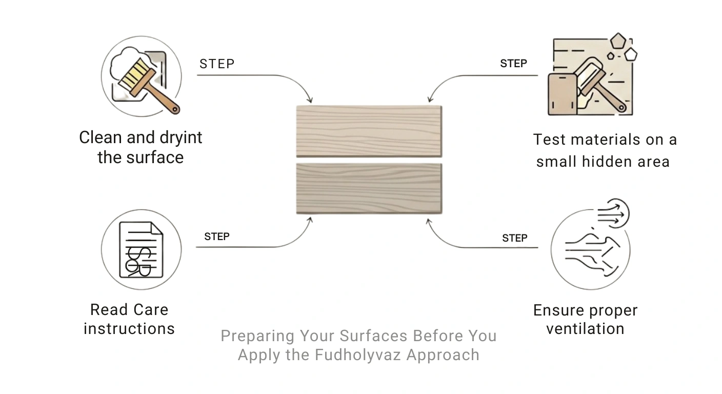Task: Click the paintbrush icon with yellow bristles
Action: click(148, 86)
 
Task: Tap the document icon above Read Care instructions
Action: click(141, 249)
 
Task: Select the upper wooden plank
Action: click(369, 131)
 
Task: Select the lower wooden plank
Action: click(369, 189)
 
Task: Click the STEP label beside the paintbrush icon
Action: click(217, 64)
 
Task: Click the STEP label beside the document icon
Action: click(217, 237)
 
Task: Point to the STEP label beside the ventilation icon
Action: click(515, 238)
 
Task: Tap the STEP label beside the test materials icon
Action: click(513, 64)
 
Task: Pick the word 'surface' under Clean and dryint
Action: click(155, 157)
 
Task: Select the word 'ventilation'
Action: click(585, 329)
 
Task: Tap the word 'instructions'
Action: click(129, 329)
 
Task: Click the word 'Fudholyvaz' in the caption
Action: click(358, 354)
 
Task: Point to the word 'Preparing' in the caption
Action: click(257, 337)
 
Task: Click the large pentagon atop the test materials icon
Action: click(618, 41)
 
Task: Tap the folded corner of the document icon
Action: click(157, 228)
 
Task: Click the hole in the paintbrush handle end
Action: click(175, 110)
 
